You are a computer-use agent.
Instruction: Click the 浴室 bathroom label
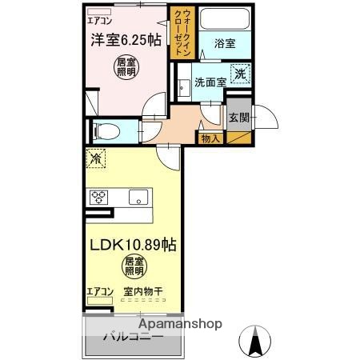pos(225,45)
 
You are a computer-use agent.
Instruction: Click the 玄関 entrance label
pos(238,117)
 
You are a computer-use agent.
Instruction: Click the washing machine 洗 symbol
pos(239,74)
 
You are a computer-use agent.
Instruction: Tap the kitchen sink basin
pos(137,196)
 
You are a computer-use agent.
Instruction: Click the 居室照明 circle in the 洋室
pos(125,67)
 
